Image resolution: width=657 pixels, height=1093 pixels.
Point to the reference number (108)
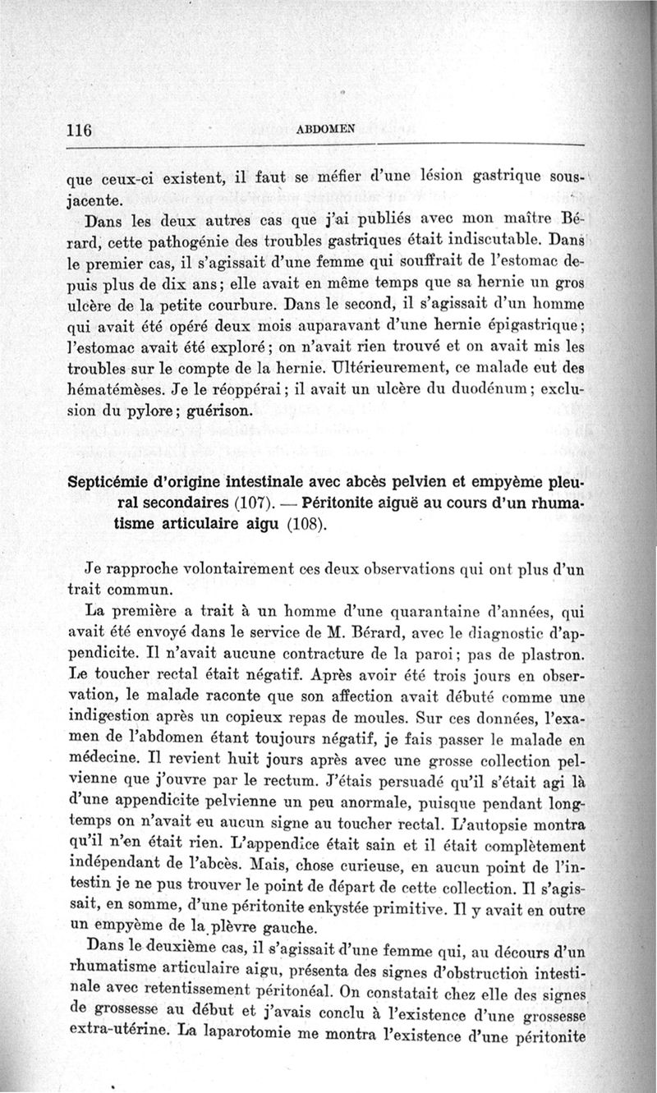pos(309,524)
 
